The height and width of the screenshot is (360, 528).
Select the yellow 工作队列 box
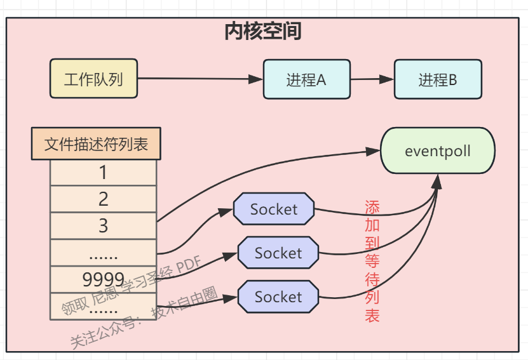(93, 79)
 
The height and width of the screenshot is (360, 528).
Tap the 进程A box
(306, 80)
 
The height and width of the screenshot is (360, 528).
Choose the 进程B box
(438, 80)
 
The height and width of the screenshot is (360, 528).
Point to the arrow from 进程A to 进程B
(372, 80)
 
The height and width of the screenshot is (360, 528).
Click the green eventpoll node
(437, 151)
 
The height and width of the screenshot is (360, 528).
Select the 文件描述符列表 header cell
(96, 144)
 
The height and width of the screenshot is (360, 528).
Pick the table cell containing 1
(103, 172)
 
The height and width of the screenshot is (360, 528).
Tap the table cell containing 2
(103, 199)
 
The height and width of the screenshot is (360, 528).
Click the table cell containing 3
(103, 226)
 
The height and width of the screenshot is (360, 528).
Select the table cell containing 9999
(103, 279)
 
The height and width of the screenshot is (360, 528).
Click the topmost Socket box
(274, 209)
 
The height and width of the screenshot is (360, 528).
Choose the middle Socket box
(278, 253)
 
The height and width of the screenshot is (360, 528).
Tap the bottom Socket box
(278, 297)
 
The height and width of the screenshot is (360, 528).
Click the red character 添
(372, 207)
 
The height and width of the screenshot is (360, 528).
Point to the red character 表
(372, 315)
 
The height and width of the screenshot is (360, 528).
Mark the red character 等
(372, 261)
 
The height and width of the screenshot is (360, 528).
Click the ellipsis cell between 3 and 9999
(103, 253)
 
